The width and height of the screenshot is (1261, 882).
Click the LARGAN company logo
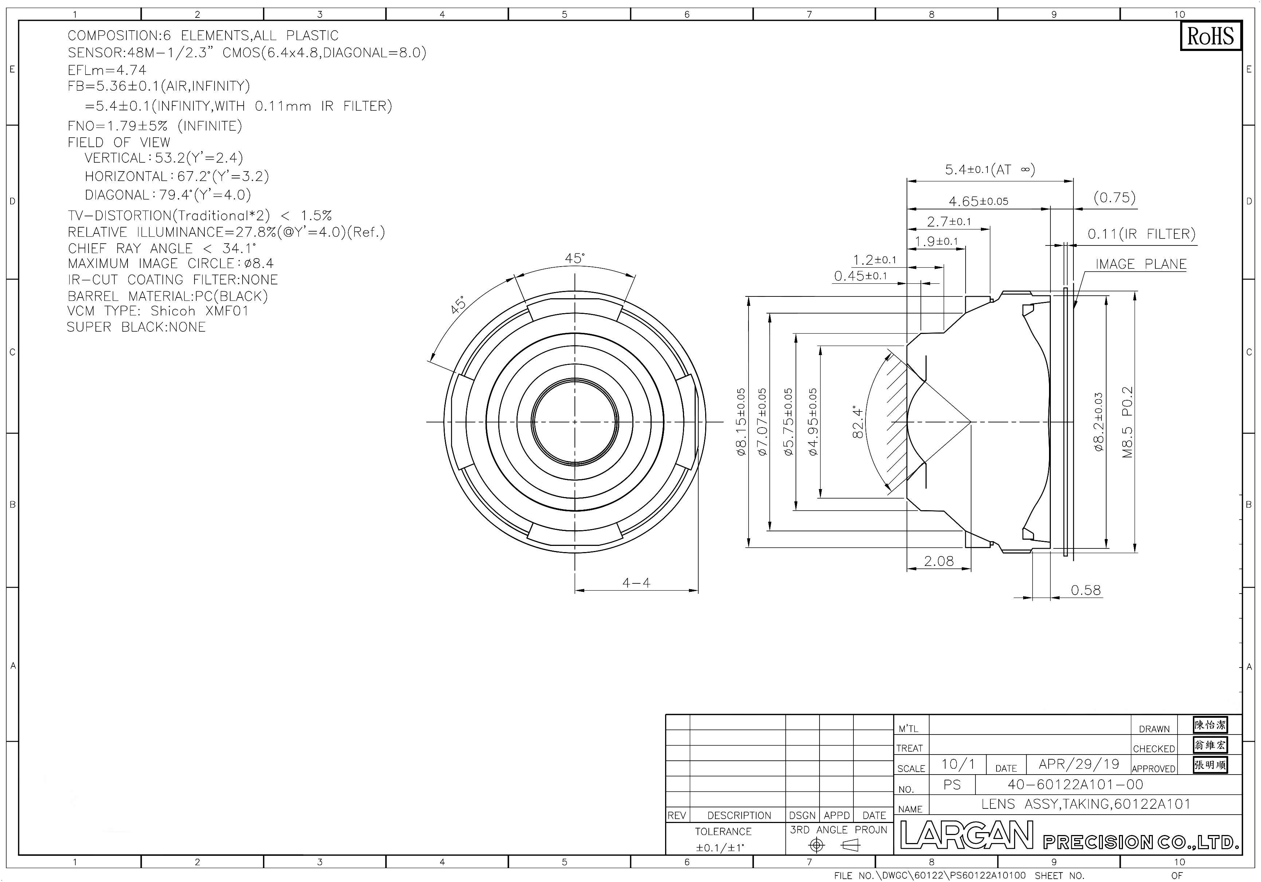coord(967,836)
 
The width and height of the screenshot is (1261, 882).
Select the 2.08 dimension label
coord(939,561)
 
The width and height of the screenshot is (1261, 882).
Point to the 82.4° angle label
coord(858,422)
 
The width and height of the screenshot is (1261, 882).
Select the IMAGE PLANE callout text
coord(1141,264)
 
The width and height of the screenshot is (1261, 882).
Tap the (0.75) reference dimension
coord(1114,198)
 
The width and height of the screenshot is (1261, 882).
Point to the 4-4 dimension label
coord(636,583)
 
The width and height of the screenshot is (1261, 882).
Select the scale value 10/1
coord(958,764)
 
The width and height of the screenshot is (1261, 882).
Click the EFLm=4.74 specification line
coord(107,70)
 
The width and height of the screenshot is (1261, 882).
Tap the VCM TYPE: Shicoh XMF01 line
coord(158,311)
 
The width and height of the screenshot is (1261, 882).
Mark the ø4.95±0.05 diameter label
coord(813,422)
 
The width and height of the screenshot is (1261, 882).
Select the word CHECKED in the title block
coord(1154,749)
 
